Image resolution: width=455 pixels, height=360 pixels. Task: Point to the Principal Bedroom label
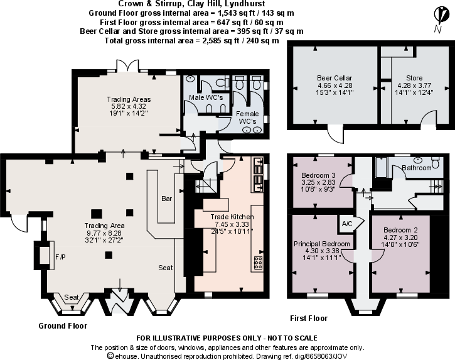point(322,243)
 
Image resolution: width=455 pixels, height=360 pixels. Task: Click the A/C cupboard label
point(346,224)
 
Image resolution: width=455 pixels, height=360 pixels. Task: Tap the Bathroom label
point(417,168)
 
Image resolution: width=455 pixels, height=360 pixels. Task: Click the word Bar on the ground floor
point(166,199)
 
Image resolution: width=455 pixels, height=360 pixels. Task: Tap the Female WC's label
point(247,116)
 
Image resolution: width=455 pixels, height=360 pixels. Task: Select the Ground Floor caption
point(63,325)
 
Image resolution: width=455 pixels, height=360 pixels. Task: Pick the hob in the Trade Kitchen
point(257,263)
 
